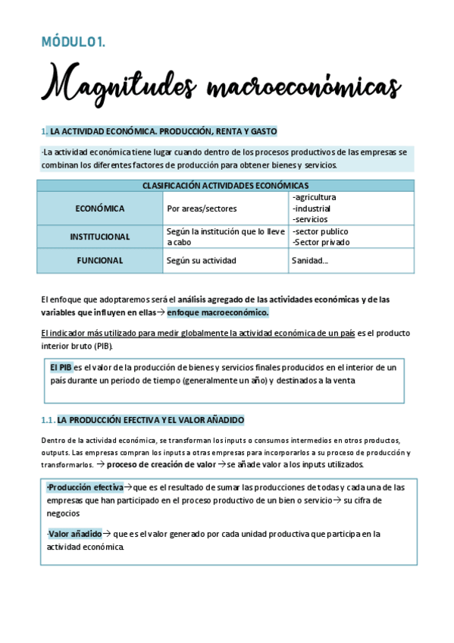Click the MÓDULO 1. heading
73,42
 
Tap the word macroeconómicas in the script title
304,86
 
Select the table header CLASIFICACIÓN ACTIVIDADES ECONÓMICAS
225,185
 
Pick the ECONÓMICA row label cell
100,209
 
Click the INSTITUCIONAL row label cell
100,237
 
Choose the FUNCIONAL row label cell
100,260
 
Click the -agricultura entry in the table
314,198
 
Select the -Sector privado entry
321,243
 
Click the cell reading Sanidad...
310,260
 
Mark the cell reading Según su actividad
201,260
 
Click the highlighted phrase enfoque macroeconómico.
218,312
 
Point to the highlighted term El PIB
61,368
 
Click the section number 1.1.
48,420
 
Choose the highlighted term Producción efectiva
84,488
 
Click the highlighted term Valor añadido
75,534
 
